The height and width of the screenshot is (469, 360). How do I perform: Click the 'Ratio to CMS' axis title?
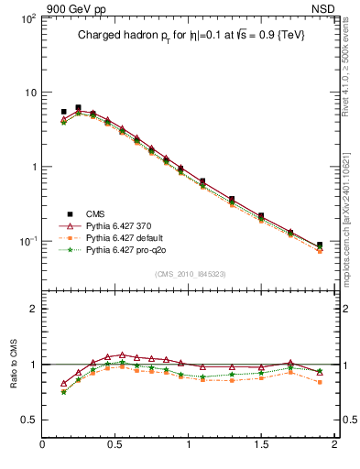(x=16, y=363)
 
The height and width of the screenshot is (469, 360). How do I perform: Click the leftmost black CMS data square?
(x=63, y=112)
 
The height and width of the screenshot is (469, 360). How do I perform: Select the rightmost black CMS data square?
(x=320, y=245)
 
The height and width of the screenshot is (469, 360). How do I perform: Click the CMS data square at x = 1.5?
(x=261, y=216)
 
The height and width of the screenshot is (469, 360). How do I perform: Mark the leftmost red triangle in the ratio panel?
(x=63, y=384)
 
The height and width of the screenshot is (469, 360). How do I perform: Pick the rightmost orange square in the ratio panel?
(x=320, y=382)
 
